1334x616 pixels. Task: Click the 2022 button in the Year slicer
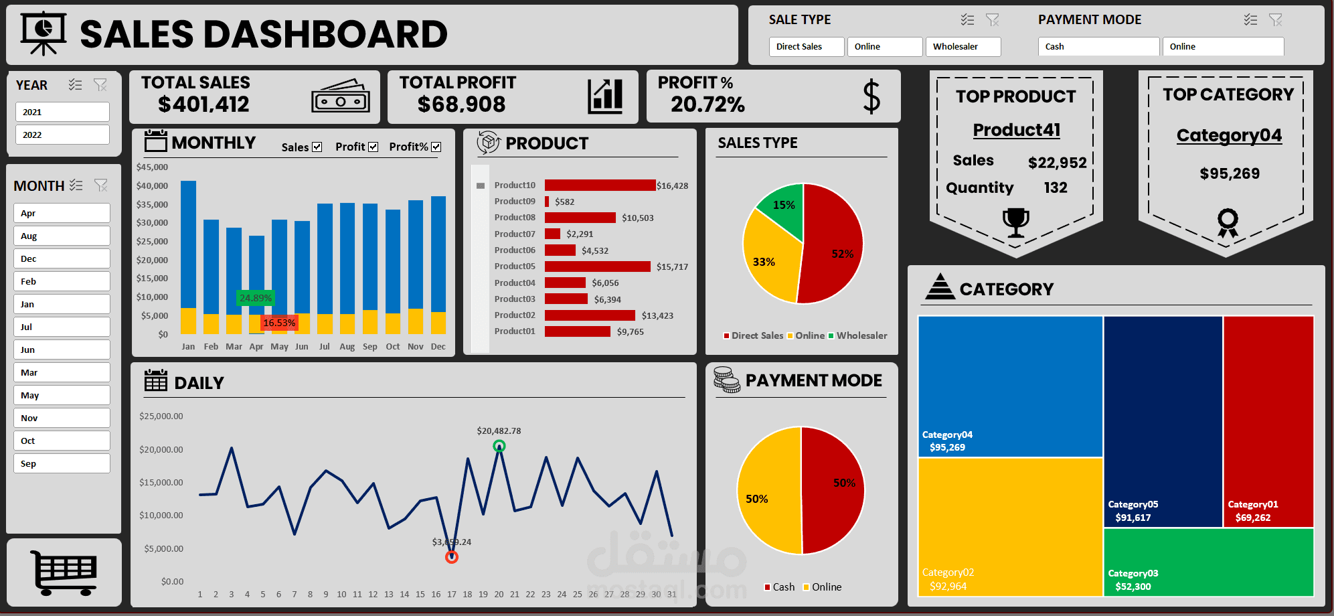tap(62, 135)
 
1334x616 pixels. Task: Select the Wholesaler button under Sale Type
tap(963, 46)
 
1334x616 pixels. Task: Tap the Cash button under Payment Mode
tap(1098, 46)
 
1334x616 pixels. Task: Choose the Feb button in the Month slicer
tap(62, 281)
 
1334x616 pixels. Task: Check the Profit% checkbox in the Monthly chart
tap(436, 147)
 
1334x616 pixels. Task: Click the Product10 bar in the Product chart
tap(600, 185)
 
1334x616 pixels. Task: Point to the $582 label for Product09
tap(564, 202)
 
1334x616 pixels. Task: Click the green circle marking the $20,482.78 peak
tap(499, 446)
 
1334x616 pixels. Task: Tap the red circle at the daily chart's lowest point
tap(452, 557)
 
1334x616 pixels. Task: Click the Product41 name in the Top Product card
tap(1016, 129)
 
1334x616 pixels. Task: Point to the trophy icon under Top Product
tap(1015, 222)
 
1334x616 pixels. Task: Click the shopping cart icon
tap(64, 572)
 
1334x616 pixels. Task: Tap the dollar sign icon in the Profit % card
tap(871, 96)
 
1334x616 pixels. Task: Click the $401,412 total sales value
tap(203, 104)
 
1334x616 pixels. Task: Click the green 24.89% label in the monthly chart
tap(256, 298)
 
